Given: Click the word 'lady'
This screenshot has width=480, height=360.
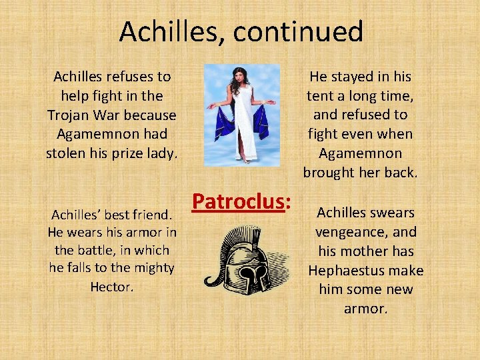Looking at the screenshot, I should (163, 153).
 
